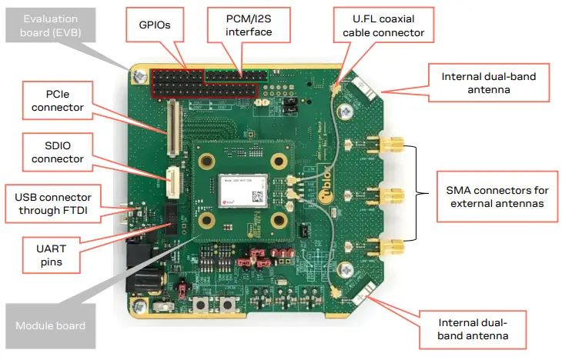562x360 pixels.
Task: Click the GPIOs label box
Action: coord(156,25)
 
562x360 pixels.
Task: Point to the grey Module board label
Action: coord(50,325)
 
